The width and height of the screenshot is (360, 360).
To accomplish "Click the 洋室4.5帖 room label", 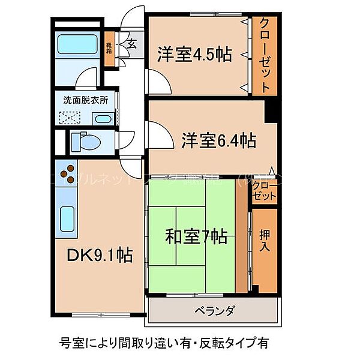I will pos(194,54).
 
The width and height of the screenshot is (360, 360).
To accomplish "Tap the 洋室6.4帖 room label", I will pos(218,141).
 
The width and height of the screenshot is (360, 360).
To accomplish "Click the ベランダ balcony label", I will pos(214,311).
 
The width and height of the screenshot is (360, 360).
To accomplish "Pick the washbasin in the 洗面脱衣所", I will pos(102,118).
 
